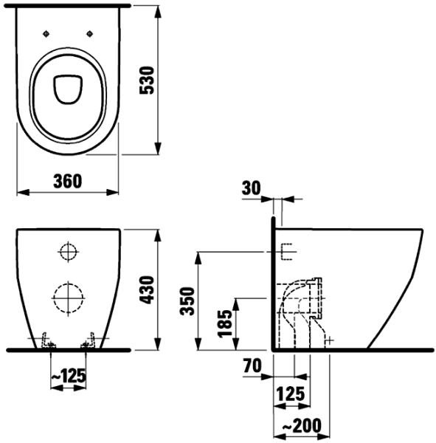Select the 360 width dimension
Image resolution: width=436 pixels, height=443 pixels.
[67, 180]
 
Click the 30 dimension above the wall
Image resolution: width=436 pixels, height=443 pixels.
[252, 188]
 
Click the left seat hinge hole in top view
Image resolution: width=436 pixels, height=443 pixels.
[46, 33]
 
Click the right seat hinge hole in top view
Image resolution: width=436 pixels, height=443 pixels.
[90, 33]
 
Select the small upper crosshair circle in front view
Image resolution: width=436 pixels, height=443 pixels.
[67, 253]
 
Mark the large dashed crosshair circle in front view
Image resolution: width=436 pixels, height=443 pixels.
[67, 299]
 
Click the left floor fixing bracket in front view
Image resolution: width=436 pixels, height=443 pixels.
[46, 340]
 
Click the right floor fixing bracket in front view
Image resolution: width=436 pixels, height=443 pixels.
[89, 340]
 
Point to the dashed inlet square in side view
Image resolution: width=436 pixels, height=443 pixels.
[287, 253]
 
